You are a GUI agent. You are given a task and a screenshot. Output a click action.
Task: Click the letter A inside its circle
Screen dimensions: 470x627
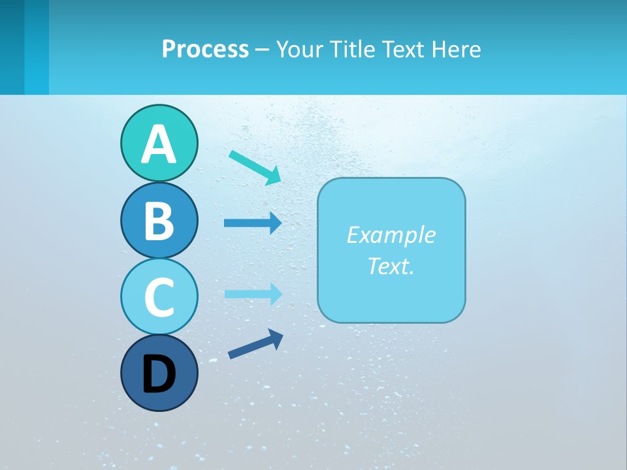pos(159,145)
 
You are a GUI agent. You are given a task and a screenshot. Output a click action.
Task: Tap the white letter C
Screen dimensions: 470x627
pos(159,297)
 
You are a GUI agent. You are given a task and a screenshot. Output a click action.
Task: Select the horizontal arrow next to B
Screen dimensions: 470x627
pos(252,223)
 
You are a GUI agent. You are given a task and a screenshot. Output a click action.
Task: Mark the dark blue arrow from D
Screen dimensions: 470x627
pos(255,343)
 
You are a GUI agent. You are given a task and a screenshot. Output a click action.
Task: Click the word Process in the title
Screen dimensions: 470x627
pos(205,49)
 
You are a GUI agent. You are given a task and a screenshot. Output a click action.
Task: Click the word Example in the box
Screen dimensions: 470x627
pos(391,235)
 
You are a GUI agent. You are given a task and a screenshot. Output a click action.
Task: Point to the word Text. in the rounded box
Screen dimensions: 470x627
pos(391,266)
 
